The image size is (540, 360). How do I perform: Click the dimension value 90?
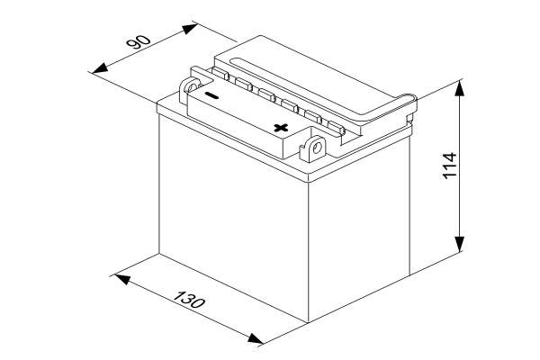[139, 42]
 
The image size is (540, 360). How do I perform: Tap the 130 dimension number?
[189, 300]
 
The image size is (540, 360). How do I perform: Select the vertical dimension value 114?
[449, 166]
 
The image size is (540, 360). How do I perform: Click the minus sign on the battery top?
[211, 95]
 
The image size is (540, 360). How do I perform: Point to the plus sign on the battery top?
[281, 128]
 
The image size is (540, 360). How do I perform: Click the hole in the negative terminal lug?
[191, 86]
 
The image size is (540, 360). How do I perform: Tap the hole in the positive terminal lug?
[317, 148]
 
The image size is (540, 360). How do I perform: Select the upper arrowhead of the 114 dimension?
[459, 89]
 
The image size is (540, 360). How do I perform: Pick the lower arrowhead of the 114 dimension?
[459, 244]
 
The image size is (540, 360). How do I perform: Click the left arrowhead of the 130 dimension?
[122, 279]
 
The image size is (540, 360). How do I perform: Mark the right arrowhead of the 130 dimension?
[256, 338]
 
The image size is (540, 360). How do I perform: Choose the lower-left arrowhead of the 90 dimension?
[100, 67]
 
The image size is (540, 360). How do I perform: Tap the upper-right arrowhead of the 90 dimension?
[189, 29]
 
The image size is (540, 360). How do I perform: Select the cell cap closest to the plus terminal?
[336, 127]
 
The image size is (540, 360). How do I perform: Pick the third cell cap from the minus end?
[266, 94]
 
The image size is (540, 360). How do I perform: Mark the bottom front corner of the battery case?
[308, 323]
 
